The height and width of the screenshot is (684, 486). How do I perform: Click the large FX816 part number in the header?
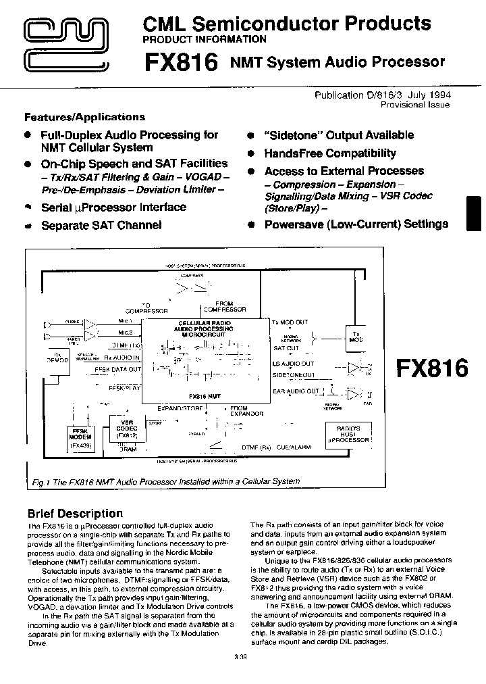tap(181, 63)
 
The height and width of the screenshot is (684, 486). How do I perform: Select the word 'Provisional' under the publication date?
tap(402, 105)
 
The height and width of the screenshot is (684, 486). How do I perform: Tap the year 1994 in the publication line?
tap(438, 95)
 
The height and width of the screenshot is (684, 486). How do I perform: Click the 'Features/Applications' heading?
tap(84, 117)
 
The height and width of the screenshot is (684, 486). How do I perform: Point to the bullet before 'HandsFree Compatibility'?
tap(250, 153)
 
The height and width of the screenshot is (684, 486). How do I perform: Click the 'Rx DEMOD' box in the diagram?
tap(61, 358)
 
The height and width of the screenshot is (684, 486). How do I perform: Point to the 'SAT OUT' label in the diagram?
tap(286, 348)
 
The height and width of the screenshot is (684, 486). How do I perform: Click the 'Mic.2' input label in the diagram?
tap(125, 333)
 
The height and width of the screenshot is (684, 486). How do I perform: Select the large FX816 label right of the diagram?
tap(431, 368)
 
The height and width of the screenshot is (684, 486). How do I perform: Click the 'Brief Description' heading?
tap(75, 513)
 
